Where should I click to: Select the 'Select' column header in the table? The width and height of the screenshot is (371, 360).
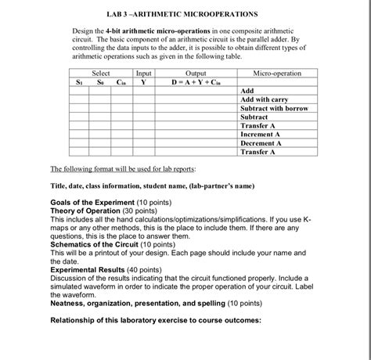point(101,73)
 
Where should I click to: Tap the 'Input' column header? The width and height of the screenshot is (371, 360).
point(143,73)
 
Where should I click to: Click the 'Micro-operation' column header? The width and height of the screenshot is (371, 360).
point(276,73)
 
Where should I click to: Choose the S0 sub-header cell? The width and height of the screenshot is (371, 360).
point(100,81)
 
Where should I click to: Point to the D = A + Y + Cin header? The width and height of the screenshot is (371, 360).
point(190,81)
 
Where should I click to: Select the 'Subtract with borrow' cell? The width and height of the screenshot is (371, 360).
point(274,108)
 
